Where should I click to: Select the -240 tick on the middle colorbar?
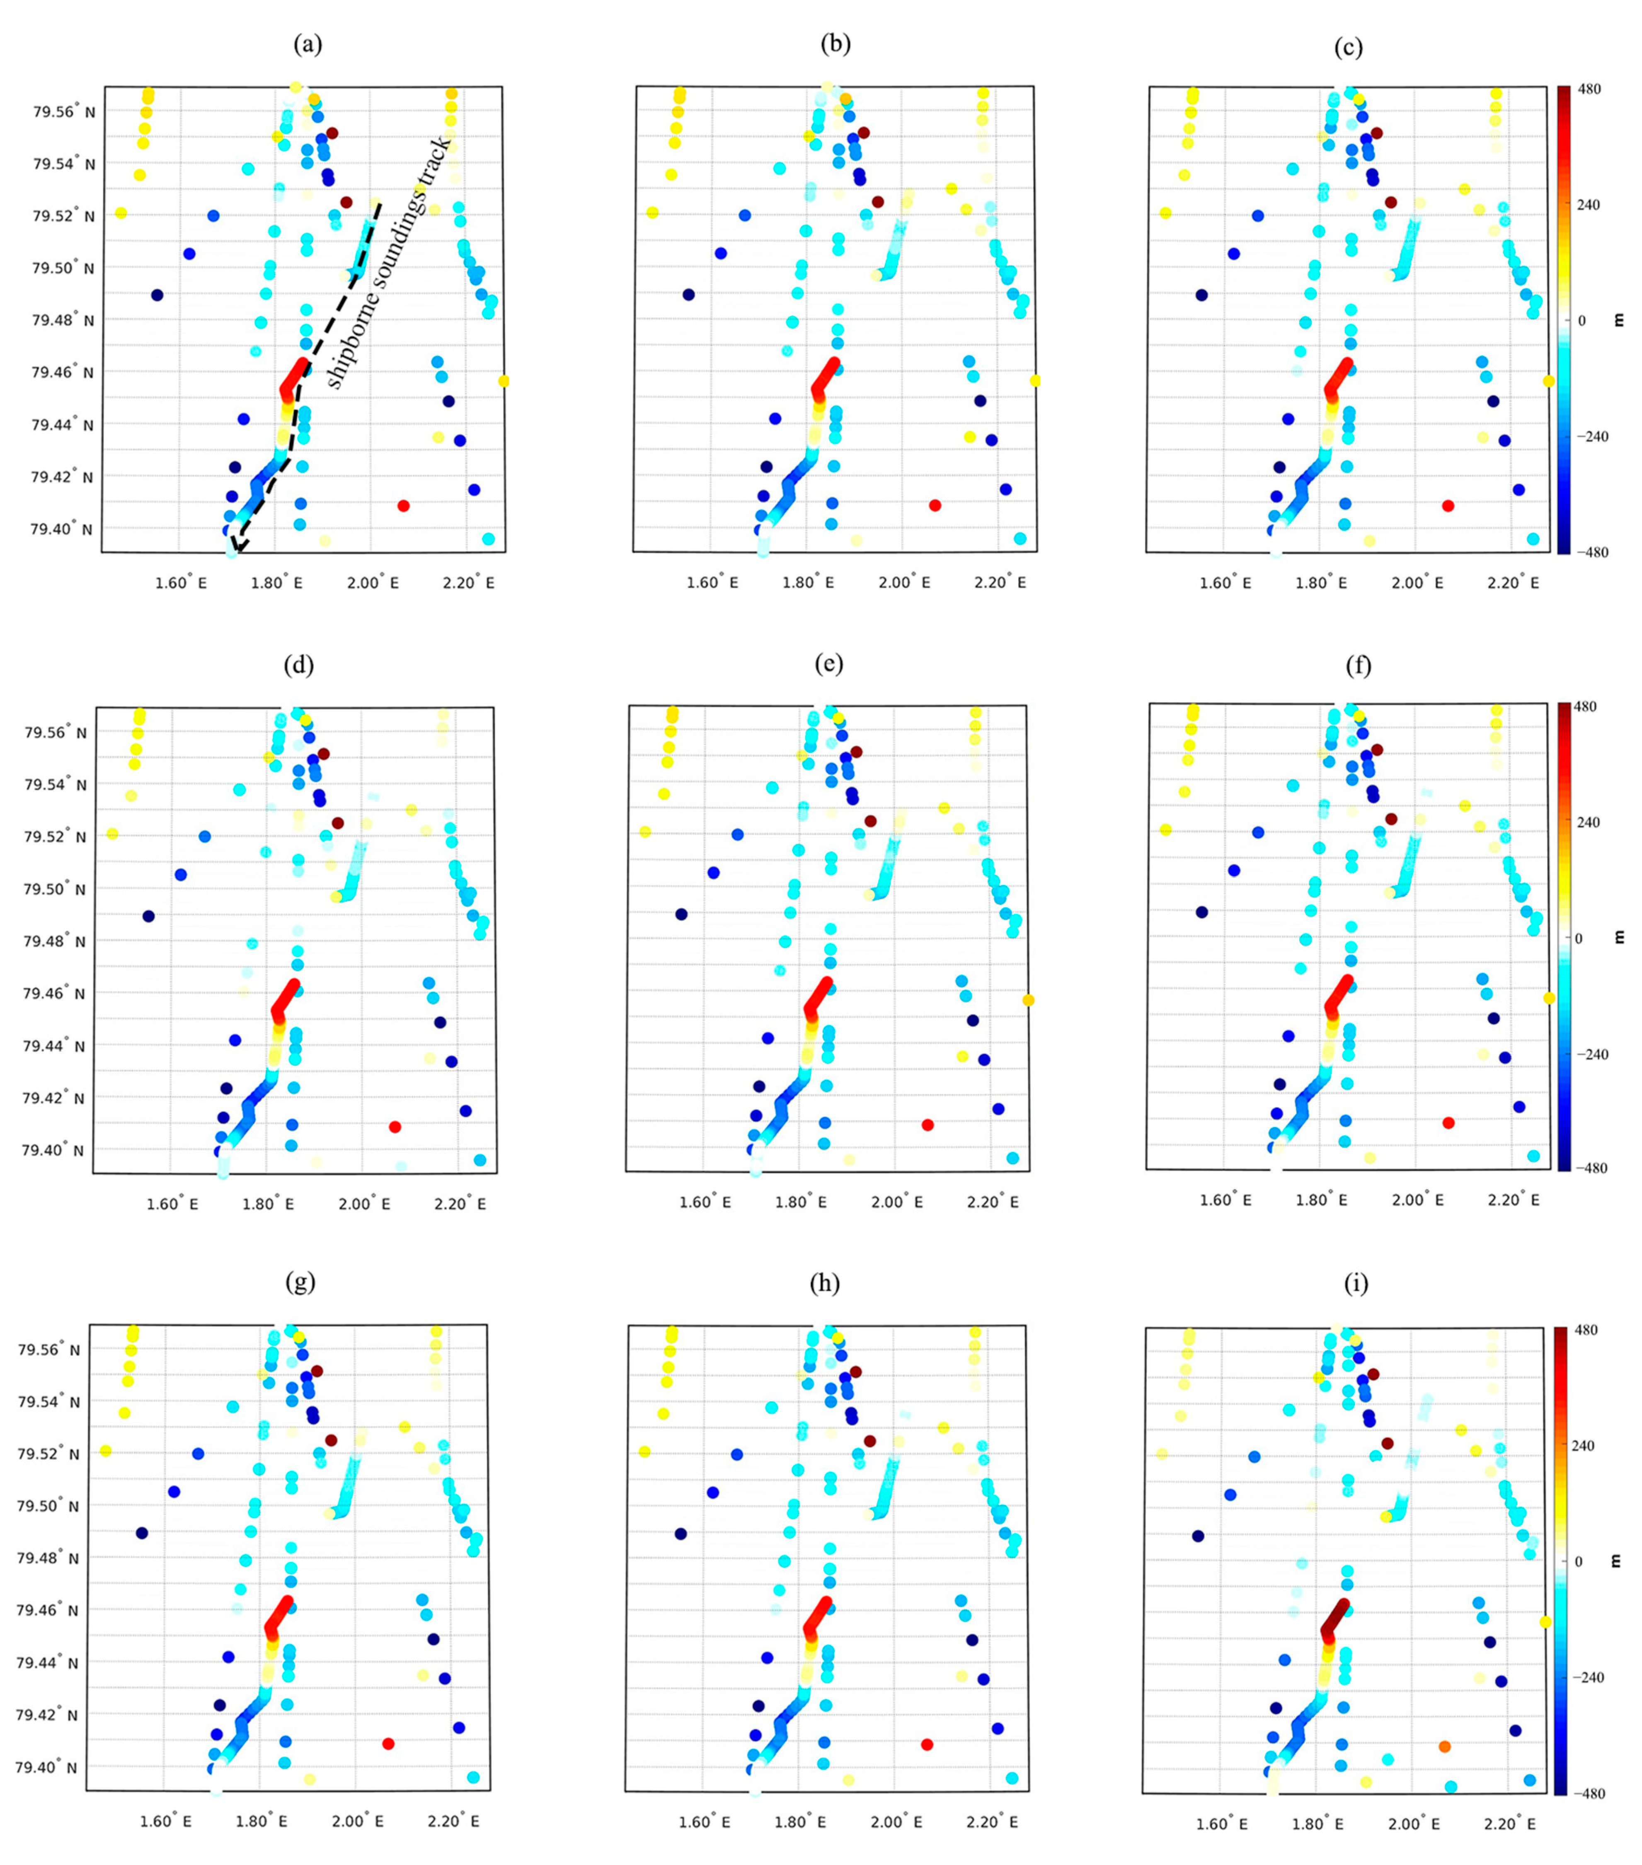point(1591,1054)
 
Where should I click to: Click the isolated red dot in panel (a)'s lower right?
point(403,506)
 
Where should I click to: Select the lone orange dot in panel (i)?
point(1444,1746)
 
